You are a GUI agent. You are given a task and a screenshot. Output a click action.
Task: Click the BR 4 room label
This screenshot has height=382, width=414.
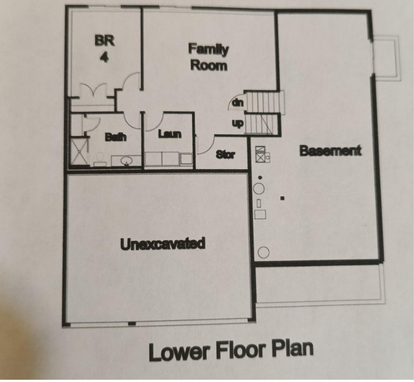click(x=105, y=49)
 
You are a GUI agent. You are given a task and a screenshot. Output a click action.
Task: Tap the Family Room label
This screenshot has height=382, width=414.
click(x=209, y=58)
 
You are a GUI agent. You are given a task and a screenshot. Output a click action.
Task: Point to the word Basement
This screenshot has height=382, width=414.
click(x=330, y=151)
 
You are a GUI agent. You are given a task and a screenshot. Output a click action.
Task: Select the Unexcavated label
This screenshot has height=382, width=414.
click(x=163, y=243)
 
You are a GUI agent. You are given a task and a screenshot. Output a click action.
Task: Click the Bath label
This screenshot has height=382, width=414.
click(x=116, y=137)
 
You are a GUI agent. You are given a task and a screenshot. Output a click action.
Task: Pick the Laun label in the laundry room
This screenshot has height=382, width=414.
click(x=170, y=134)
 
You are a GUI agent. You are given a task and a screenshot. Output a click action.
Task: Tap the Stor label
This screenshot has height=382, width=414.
click(x=225, y=154)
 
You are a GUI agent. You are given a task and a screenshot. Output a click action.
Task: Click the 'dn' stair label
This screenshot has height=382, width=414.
click(x=238, y=102)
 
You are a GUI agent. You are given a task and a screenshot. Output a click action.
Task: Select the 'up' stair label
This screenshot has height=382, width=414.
click(x=238, y=124)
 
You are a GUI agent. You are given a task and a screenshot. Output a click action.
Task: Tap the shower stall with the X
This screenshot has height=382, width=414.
click(x=79, y=152)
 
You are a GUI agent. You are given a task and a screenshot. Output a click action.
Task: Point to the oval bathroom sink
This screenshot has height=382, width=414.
click(x=127, y=160)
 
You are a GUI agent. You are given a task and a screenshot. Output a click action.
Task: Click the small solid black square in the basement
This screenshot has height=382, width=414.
click(x=282, y=198)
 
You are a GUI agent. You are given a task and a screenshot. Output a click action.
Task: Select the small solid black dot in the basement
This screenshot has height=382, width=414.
click(x=260, y=177)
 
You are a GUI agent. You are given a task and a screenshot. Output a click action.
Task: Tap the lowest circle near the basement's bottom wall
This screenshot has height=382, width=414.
click(x=263, y=252)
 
